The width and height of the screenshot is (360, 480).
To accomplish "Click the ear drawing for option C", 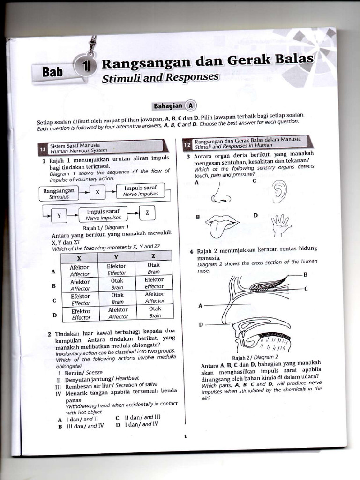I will coord(279,191).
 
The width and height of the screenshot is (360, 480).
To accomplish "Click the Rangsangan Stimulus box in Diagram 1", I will coord(59,194).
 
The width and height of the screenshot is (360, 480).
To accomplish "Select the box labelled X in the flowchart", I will coord(97,192).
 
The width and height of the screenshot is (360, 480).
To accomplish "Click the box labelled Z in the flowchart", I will coord(147,213).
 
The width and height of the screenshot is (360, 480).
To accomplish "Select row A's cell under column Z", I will coord(154,268).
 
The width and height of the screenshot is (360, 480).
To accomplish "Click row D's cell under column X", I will coord(81,314).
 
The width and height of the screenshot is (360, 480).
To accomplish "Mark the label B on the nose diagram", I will coord(305,274).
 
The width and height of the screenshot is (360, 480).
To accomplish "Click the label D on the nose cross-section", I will coord(201,324).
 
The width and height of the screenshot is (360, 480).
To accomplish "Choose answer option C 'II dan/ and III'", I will coord(138,416).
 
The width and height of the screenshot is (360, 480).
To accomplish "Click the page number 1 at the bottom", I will coord(185,436).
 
